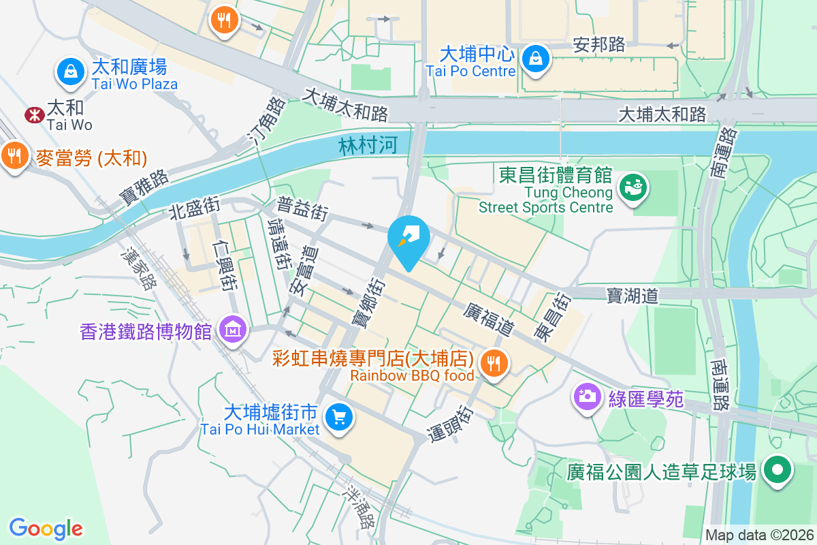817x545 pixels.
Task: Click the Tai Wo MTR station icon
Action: click(33, 114)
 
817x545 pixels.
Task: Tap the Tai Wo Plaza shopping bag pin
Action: click(69, 72)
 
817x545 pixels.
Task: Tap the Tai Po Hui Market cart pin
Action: click(338, 416)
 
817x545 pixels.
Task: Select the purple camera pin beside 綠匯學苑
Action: click(587, 396)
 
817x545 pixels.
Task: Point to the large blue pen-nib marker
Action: click(408, 240)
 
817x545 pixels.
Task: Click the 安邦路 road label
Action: click(598, 45)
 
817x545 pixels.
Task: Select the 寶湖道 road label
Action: click(632, 295)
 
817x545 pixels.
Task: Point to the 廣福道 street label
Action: click(487, 319)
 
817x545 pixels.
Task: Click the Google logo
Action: click(46, 529)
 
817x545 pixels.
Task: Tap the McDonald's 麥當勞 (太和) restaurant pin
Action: click(13, 156)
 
